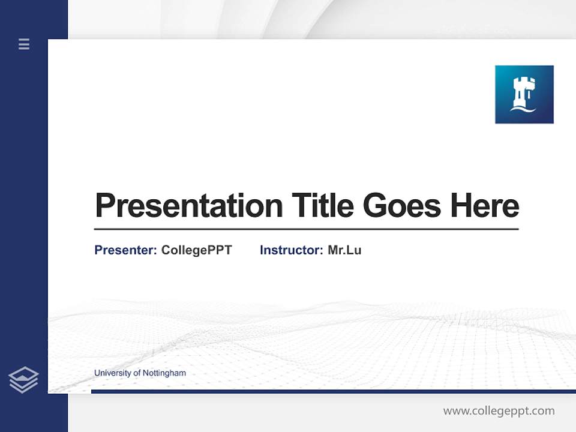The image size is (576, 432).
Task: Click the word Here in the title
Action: pos(485,206)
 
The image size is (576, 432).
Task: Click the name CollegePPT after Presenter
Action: pos(196,250)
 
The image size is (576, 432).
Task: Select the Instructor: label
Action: pos(291,250)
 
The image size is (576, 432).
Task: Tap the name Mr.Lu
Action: pos(344,250)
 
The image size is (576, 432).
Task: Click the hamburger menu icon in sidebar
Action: pos(24,44)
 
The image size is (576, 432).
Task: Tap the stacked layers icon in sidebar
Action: pos(23,380)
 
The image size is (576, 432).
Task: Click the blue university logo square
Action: pos(524,94)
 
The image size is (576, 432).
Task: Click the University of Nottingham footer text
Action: pos(140,373)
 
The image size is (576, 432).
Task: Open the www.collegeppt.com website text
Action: pos(499,411)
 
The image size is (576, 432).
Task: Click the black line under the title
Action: pos(306,229)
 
